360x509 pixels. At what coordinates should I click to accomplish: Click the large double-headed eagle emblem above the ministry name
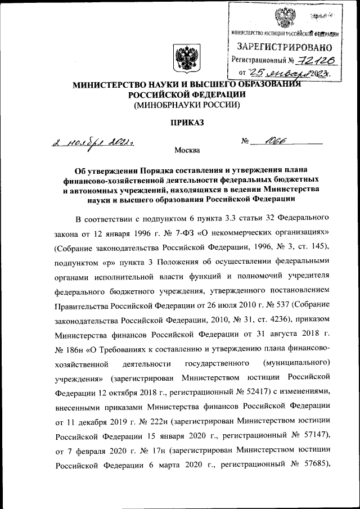click(183, 60)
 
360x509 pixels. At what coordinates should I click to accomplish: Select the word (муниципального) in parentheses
click(296, 362)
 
